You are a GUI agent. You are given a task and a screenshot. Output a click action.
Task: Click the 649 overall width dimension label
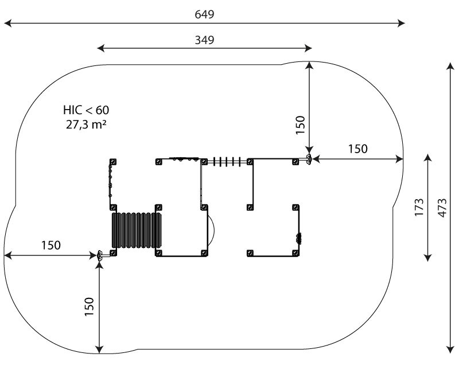204,14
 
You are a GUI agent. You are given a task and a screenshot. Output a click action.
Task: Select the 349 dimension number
204,40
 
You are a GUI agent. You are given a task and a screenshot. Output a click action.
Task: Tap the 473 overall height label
442,208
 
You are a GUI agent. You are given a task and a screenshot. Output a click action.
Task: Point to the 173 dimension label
419,207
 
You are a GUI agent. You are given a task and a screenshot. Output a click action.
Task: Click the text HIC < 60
86,110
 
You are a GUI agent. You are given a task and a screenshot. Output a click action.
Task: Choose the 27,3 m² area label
85,125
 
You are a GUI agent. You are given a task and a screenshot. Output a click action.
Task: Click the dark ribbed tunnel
137,230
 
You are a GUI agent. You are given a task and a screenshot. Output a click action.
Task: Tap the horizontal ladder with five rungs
227,161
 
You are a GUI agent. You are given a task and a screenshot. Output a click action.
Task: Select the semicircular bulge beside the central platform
211,230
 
